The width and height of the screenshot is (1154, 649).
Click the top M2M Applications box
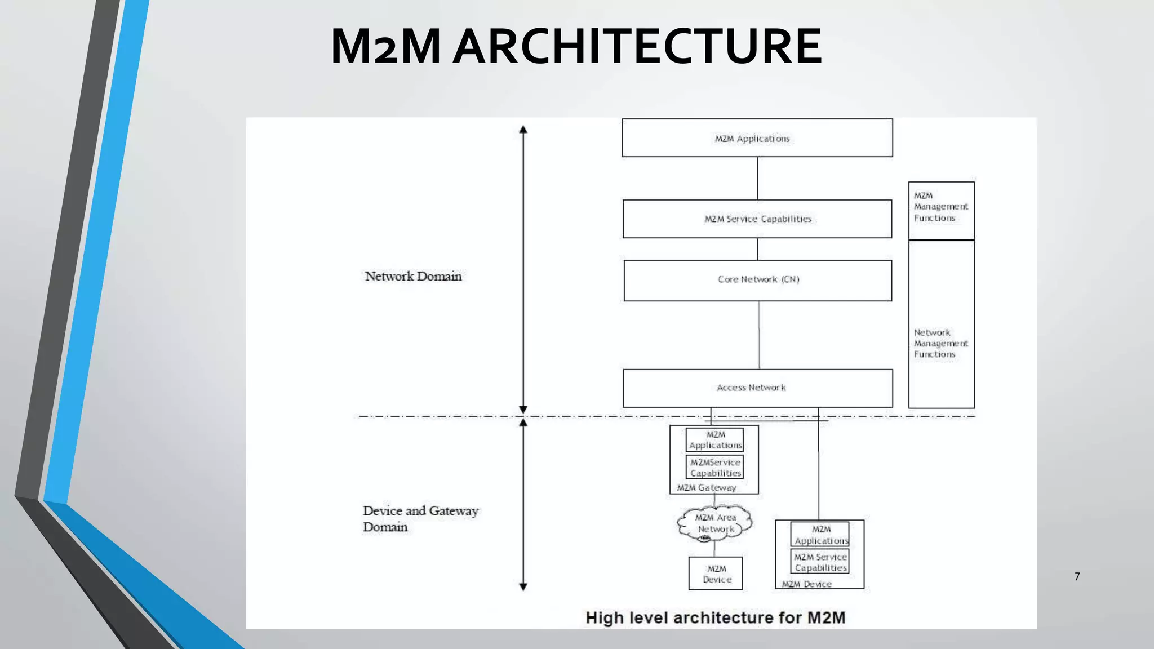click(757, 138)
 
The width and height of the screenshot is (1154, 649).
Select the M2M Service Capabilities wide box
click(757, 219)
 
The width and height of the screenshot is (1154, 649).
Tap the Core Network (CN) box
click(757, 280)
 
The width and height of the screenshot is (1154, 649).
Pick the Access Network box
click(757, 388)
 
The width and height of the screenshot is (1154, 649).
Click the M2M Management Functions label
click(940, 207)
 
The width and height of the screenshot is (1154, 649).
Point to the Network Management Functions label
click(940, 343)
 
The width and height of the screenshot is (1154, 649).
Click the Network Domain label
click(413, 276)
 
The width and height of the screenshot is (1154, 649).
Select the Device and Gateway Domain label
click(420, 518)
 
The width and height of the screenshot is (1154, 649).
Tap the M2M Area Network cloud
click(714, 523)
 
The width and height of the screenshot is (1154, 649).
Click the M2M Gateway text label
click(707, 488)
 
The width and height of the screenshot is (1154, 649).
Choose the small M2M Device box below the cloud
click(716, 574)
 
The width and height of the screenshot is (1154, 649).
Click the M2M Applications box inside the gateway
click(715, 439)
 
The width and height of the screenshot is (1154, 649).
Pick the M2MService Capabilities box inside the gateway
click(715, 468)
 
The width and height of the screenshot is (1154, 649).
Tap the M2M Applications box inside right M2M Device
click(820, 535)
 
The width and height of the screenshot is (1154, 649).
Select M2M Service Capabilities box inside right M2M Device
click(820, 562)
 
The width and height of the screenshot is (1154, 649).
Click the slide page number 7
click(1077, 576)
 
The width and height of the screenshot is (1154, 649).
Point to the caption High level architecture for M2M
click(715, 617)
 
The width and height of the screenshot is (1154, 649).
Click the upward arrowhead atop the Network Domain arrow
click(523, 130)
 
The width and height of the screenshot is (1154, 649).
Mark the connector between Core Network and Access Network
click(759, 335)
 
